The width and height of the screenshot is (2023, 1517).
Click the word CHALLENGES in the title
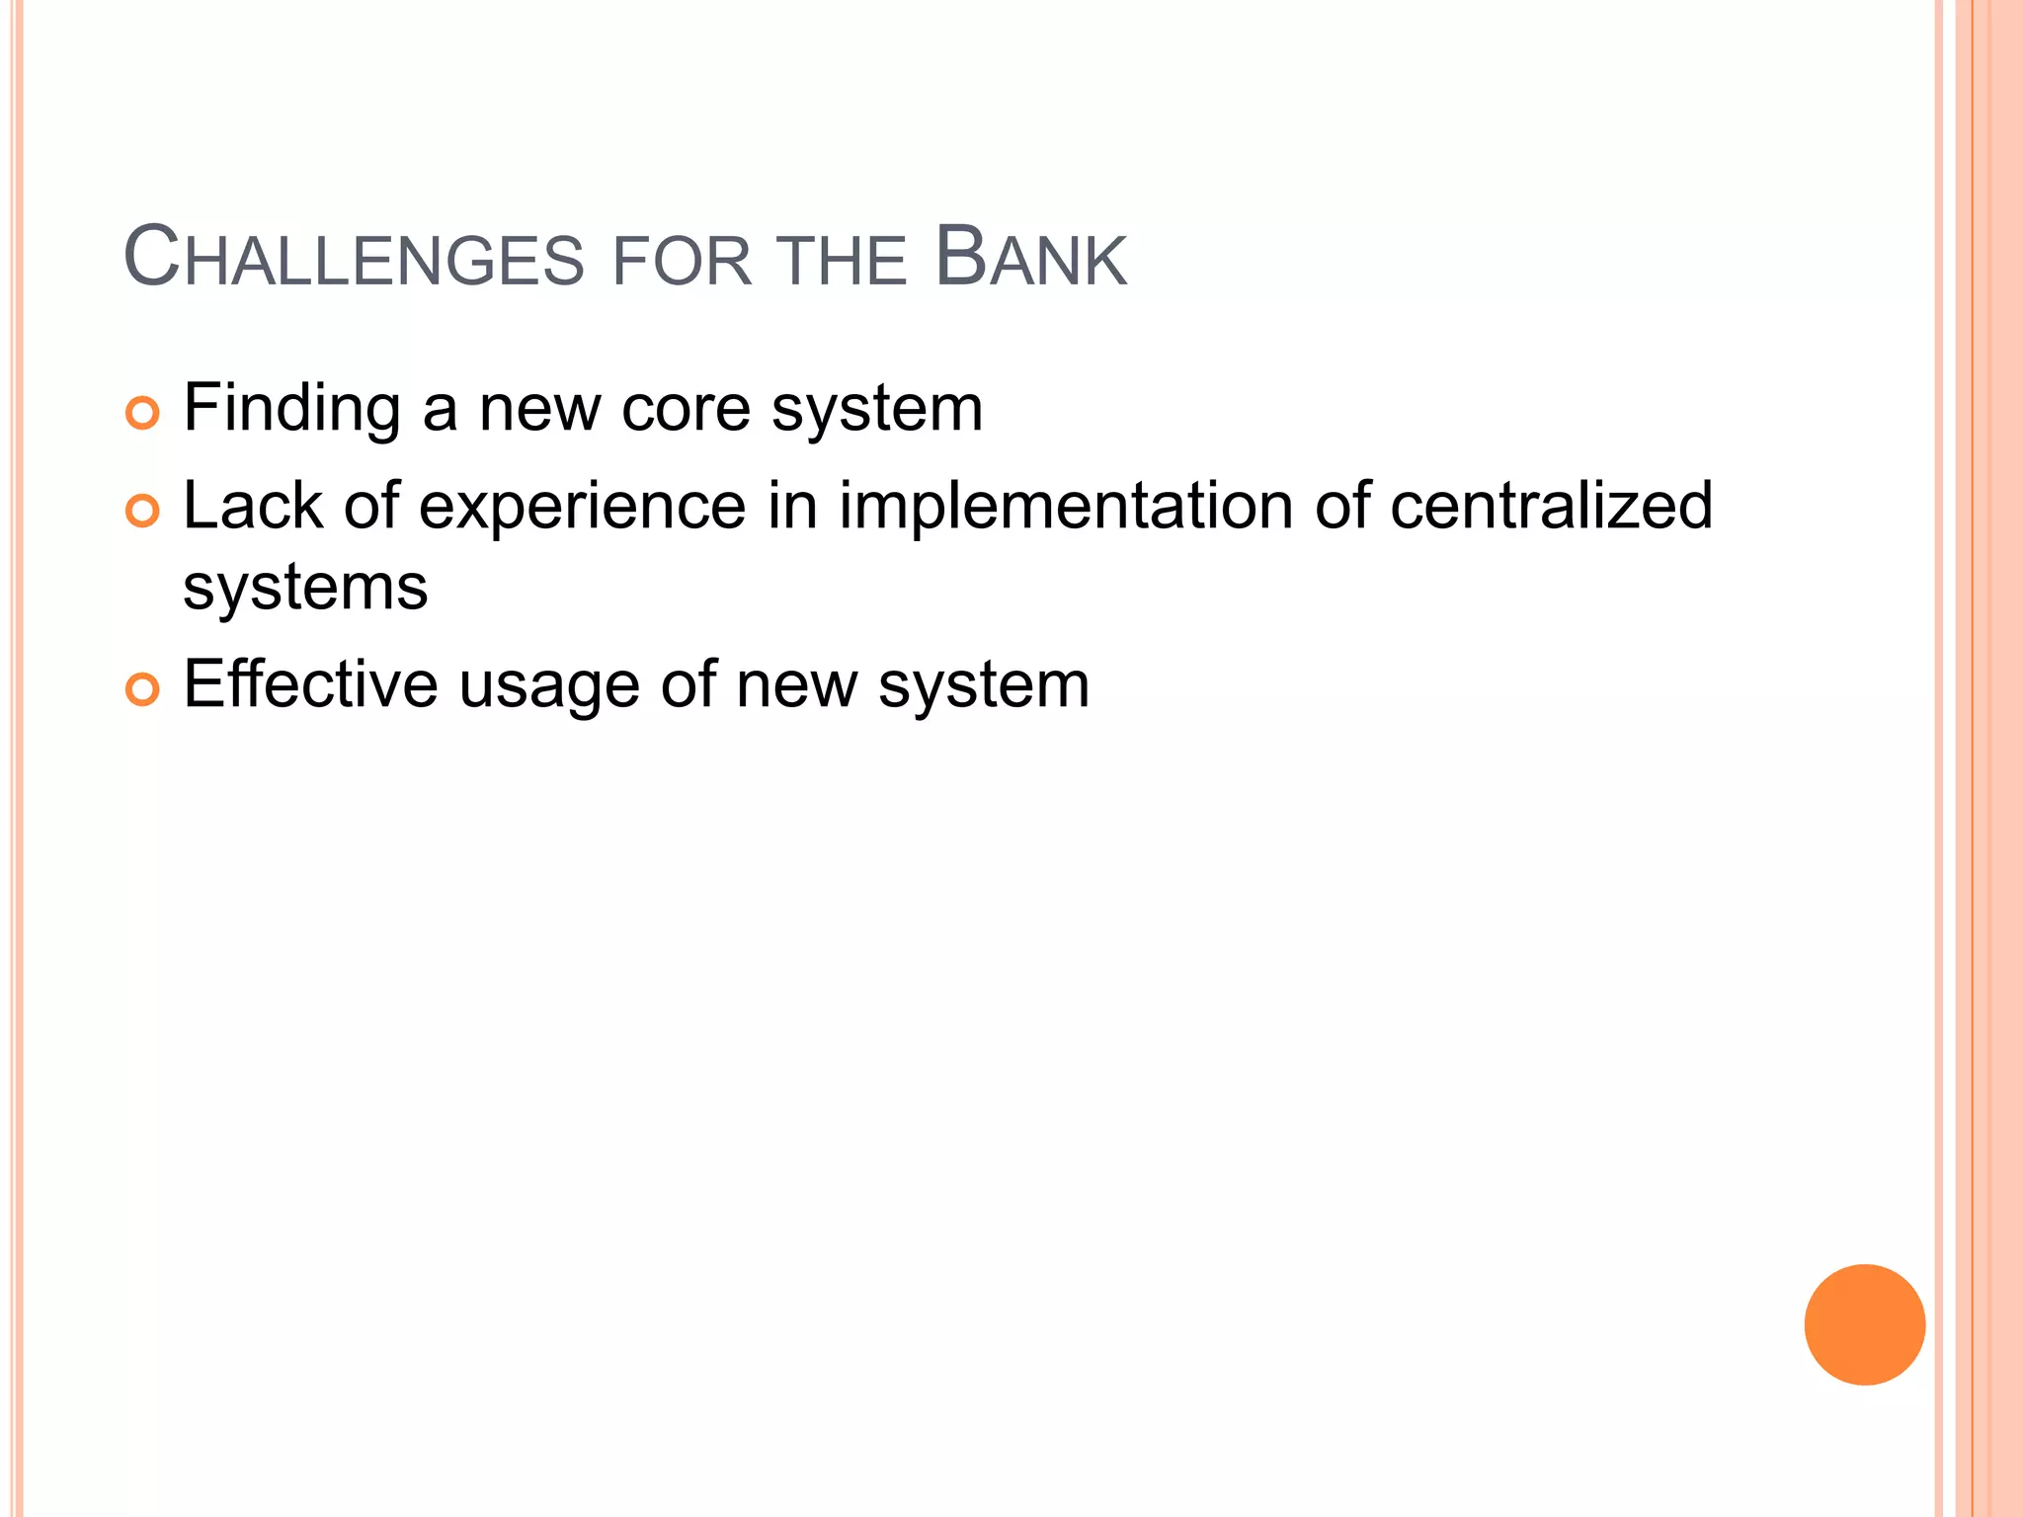click(355, 259)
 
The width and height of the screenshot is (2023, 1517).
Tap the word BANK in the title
click(1030, 259)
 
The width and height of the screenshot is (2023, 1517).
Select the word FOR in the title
click(683, 262)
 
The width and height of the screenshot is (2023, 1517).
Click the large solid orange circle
click(1864, 1324)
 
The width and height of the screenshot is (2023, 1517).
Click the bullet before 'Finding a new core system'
click(142, 413)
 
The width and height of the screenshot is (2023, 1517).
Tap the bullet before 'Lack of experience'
click(142, 511)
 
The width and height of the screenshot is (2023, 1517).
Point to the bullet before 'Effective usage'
click(142, 689)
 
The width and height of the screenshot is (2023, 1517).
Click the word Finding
click(291, 409)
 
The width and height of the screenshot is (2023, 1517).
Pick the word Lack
click(253, 506)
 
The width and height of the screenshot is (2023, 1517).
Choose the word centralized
click(1550, 506)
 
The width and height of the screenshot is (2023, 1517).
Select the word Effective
click(310, 684)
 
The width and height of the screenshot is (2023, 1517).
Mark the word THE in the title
click(842, 262)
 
